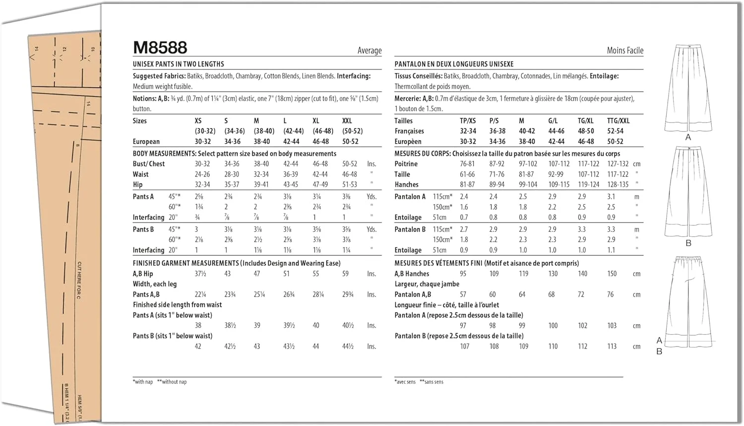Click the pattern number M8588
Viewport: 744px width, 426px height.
pos(160,48)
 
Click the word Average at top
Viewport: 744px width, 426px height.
pos(370,51)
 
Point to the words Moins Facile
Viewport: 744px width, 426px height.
pos(625,51)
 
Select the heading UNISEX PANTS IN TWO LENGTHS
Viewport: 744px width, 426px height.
pos(179,64)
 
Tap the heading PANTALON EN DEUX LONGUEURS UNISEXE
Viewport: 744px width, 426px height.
pos(454,64)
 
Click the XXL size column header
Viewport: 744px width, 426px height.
pos(347,121)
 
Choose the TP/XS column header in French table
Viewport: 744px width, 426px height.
pos(468,121)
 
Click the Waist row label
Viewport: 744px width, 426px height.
pos(140,174)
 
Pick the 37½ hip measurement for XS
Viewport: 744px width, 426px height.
pos(200,274)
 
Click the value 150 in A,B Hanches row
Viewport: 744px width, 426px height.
pos(612,274)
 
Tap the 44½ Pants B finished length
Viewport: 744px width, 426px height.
pos(348,347)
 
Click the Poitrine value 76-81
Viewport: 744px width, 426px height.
pos(467,164)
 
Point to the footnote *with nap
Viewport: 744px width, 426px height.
pos(143,382)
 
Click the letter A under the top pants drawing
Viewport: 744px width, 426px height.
pos(688,137)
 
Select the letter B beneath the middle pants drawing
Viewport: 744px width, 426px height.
pos(688,243)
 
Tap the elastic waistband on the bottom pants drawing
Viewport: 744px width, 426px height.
pos(688,259)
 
